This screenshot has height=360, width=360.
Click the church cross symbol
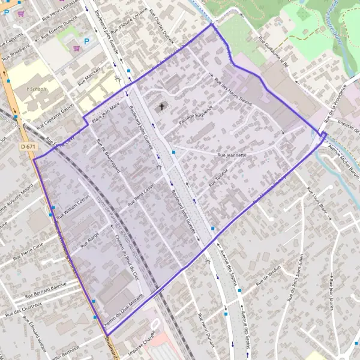point(161,107)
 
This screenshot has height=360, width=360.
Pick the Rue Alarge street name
point(89,237)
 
